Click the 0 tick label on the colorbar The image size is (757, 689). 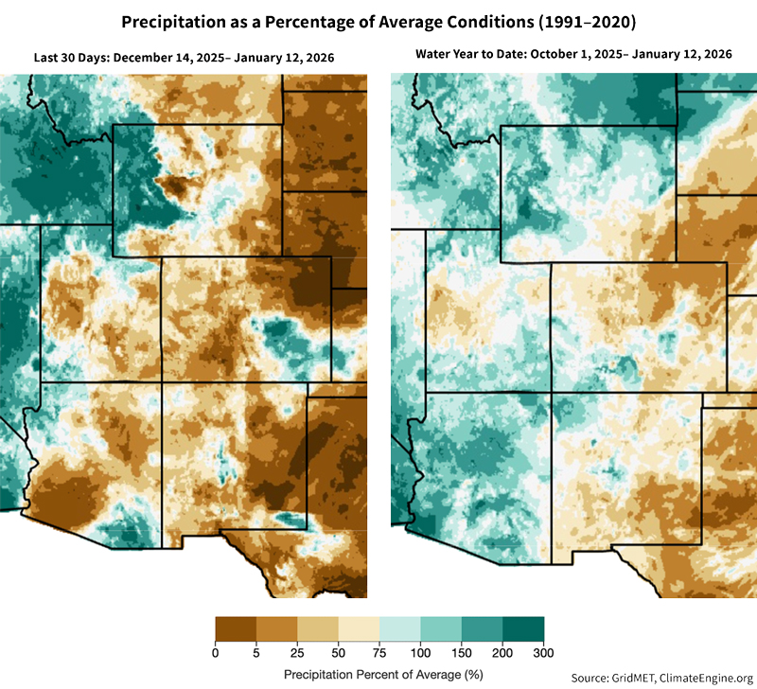[216, 653]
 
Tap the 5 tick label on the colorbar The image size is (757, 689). [256, 653]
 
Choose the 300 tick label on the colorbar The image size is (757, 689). [543, 653]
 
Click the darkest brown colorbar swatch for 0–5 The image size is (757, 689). [236, 629]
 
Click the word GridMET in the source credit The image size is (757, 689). [632, 677]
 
